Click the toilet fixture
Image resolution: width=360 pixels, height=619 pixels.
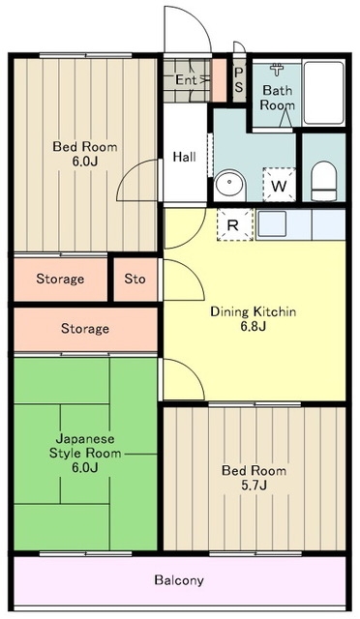click(323, 179)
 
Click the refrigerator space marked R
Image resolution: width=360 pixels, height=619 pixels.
click(233, 225)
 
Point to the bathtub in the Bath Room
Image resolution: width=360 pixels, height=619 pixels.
click(322, 93)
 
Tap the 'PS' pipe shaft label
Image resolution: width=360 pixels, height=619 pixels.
click(239, 80)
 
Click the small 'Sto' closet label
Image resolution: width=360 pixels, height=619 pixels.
click(135, 280)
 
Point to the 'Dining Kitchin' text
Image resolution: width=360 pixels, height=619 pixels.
click(253, 312)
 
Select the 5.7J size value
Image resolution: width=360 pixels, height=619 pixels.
click(253, 486)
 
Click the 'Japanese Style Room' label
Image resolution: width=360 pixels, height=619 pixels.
click(84, 445)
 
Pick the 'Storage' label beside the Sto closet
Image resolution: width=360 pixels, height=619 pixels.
click(60, 280)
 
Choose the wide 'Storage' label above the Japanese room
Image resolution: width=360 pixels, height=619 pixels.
click(85, 329)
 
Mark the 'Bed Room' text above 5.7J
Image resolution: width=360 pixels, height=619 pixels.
click(254, 471)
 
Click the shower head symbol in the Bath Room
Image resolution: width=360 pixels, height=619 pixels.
click(279, 70)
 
